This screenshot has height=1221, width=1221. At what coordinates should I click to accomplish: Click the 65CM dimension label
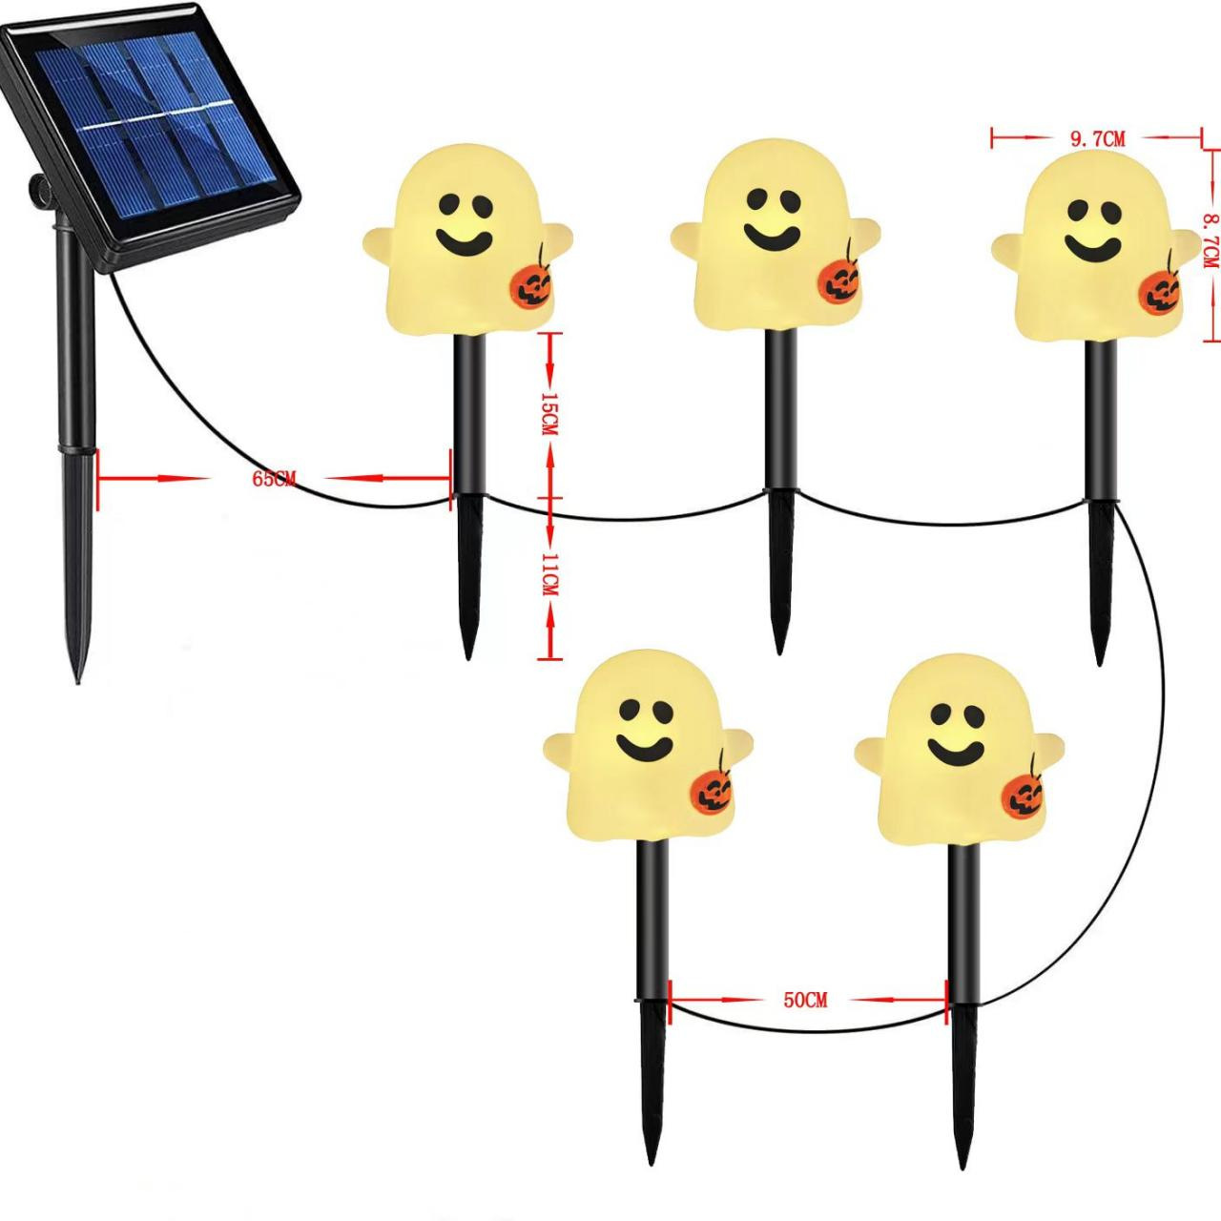pyautogui.click(x=274, y=479)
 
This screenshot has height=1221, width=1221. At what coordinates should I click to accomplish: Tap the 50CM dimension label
pyautogui.click(x=805, y=1001)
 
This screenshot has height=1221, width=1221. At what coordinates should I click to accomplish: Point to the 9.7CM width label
pyautogui.click(x=1097, y=139)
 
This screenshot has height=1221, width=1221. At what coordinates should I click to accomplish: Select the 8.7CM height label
pyautogui.click(x=1210, y=239)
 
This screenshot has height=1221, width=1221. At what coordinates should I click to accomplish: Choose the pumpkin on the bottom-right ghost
pyautogui.click(x=1023, y=794)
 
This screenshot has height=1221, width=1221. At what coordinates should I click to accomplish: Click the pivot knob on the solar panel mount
pyautogui.click(x=40, y=193)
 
